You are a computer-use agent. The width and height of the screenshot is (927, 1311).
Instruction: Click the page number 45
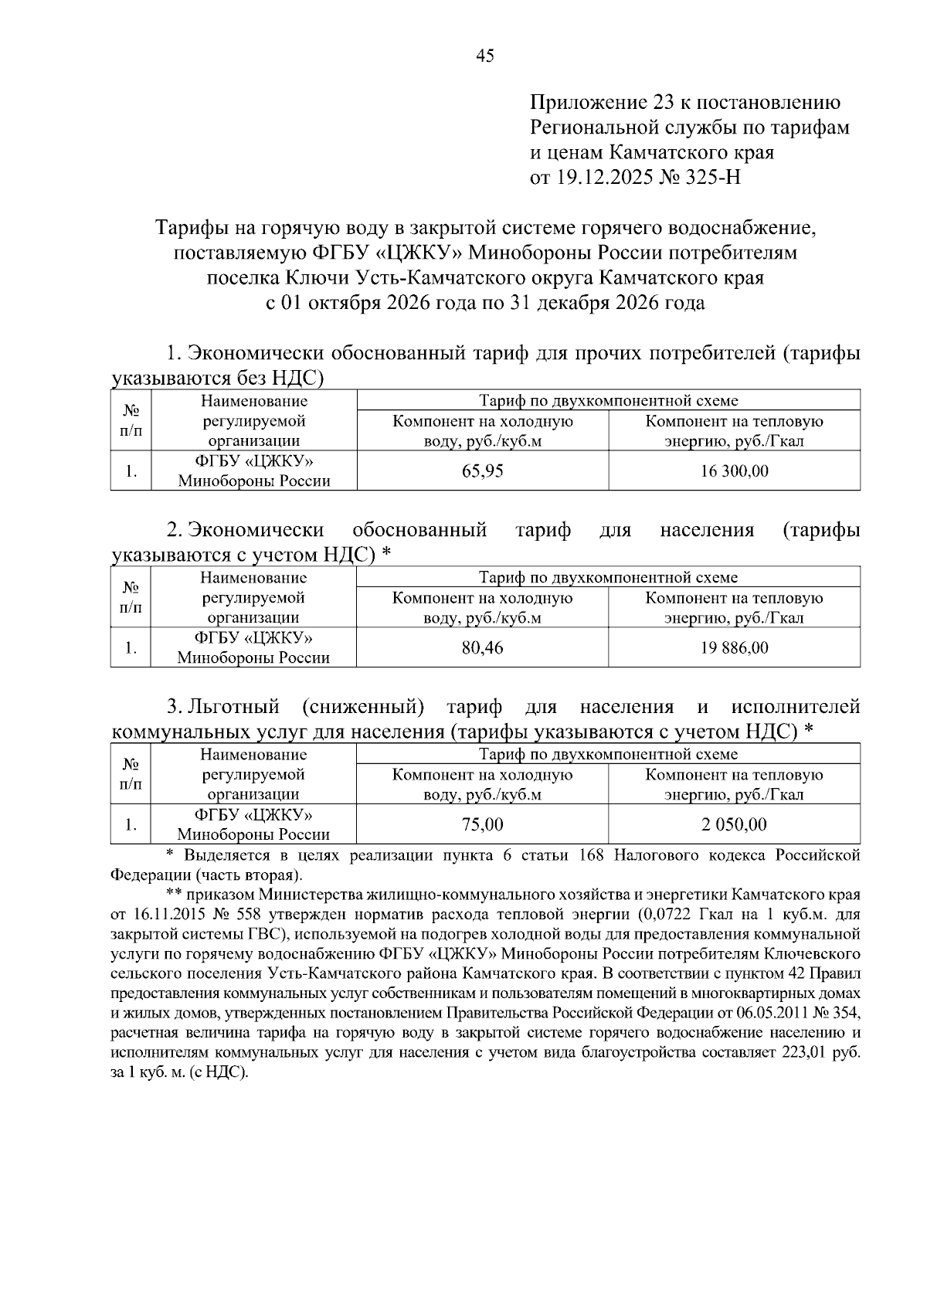pos(485,56)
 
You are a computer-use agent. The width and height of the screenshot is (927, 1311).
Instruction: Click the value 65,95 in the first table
pos(482,470)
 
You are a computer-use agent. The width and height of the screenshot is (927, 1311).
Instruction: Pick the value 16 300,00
pos(734,470)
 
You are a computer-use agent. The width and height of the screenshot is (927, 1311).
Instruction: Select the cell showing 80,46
pos(482,647)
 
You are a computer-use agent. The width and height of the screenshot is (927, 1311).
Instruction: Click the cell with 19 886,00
pos(734,647)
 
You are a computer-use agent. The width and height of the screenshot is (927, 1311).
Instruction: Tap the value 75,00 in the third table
pos(482,824)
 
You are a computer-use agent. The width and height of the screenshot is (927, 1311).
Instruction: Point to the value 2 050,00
pos(734,824)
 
